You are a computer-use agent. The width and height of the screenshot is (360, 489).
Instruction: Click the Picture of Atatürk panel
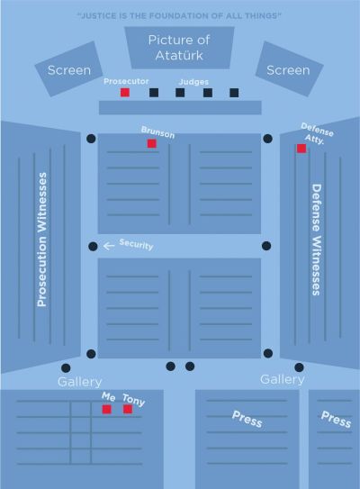point(179,48)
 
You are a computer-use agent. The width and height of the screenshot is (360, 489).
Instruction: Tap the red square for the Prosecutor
point(125,93)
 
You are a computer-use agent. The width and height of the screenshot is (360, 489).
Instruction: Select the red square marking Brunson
point(152,143)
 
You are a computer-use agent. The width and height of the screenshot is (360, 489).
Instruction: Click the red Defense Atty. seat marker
point(301,149)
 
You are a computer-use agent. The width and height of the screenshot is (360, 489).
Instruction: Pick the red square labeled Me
point(106,409)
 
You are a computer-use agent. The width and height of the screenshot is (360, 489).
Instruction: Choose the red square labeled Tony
point(128,409)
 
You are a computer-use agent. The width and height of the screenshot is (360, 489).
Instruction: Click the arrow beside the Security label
point(109,246)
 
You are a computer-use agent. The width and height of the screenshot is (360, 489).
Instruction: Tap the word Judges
point(193,82)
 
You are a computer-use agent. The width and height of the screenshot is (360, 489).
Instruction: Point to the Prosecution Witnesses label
point(41,240)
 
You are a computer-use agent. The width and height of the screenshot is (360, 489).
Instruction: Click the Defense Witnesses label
point(317,240)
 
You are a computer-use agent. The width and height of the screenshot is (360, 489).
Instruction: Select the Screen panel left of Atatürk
point(69,69)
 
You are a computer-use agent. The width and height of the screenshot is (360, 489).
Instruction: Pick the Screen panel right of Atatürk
point(289,69)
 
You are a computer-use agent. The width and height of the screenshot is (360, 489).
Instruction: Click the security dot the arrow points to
point(93,247)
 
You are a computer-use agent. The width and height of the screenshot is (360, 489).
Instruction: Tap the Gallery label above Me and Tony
point(80,382)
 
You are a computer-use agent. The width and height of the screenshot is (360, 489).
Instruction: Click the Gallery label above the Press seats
point(283,379)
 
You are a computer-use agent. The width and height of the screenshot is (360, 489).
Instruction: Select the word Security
point(136,245)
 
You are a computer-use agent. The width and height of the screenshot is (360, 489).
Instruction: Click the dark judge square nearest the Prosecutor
point(154,93)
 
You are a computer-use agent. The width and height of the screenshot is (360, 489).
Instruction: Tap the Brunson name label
point(157,132)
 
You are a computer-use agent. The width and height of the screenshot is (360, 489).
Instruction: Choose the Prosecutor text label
point(126,81)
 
